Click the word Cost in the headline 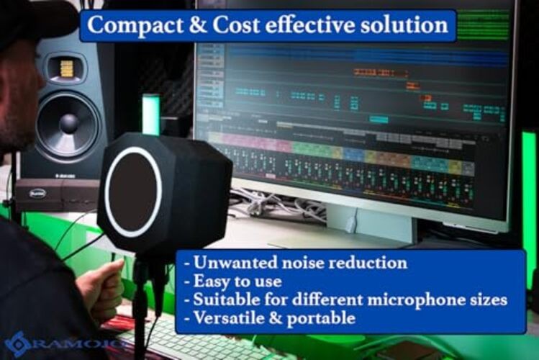[234, 26]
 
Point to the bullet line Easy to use [235, 281]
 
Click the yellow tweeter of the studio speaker [66, 68]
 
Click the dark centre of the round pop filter [132, 192]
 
